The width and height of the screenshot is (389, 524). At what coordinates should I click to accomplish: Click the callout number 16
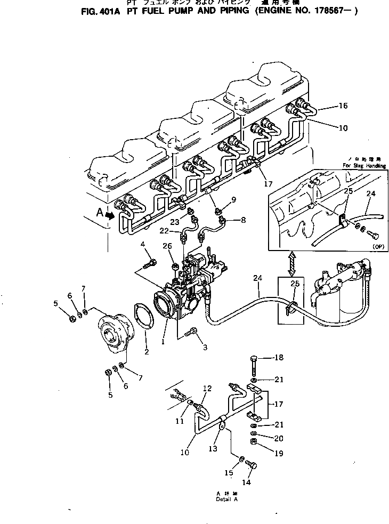pos(343,106)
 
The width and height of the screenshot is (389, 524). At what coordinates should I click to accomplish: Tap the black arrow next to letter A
pos(110,216)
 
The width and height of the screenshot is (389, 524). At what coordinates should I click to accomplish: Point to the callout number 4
pos(143,245)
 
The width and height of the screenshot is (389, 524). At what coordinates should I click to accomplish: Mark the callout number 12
pos(207,388)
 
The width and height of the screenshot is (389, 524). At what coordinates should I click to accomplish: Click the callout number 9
pos(233,200)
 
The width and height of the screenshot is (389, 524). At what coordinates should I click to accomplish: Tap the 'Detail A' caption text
pos(226,499)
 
